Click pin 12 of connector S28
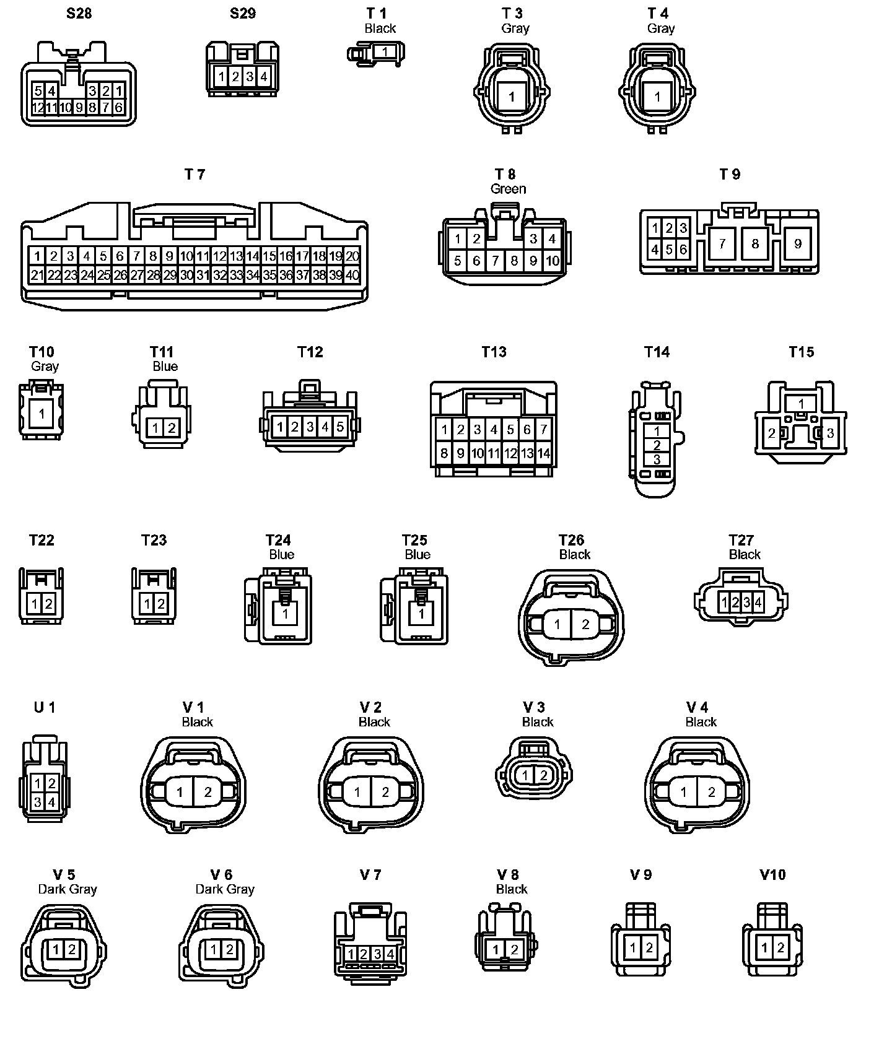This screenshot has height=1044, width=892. (38, 107)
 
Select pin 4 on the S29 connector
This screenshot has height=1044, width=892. (263, 77)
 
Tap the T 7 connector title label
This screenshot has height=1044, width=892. (195, 175)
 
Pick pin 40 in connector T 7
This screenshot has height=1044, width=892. (352, 275)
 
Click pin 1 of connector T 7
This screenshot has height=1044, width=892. (38, 256)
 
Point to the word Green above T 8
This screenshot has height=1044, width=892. (508, 189)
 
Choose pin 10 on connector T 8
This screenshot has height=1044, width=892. (551, 261)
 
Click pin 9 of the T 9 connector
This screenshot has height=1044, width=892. (797, 244)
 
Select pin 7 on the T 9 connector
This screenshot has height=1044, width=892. (722, 244)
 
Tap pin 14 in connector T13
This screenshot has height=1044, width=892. (543, 453)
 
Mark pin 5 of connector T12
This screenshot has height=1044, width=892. (339, 427)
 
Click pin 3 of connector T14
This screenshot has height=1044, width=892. (657, 459)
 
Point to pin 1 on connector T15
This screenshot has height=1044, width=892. (800, 404)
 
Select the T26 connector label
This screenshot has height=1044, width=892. (571, 540)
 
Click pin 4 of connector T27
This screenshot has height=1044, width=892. (758, 601)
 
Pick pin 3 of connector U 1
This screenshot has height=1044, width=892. (38, 803)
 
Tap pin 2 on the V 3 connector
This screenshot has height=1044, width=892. (543, 775)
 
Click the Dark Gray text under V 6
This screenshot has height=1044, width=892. (225, 889)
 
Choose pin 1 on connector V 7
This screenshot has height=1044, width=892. (351, 954)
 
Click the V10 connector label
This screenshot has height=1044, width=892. (772, 874)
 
